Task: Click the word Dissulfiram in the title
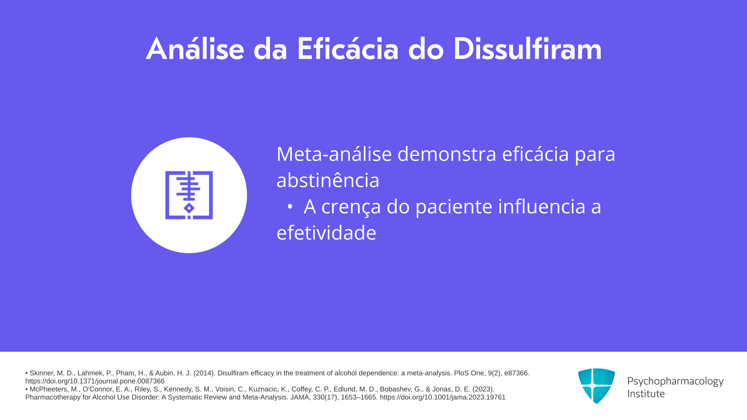click(x=527, y=49)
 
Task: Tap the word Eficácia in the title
click(x=348, y=49)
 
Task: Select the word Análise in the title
click(x=195, y=49)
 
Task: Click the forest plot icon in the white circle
click(x=189, y=195)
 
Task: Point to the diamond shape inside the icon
click(x=189, y=208)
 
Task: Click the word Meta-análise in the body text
click(x=334, y=154)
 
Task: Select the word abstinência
click(x=328, y=180)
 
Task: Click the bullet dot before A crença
click(x=290, y=207)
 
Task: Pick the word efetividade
click(x=326, y=233)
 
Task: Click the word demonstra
click(x=447, y=154)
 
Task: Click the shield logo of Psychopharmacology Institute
click(x=596, y=386)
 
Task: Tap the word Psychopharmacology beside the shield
click(x=675, y=381)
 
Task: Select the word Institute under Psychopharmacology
click(x=646, y=394)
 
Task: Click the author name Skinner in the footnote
click(x=42, y=373)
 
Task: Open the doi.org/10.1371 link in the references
click(x=95, y=381)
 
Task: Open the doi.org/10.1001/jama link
click(x=443, y=397)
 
